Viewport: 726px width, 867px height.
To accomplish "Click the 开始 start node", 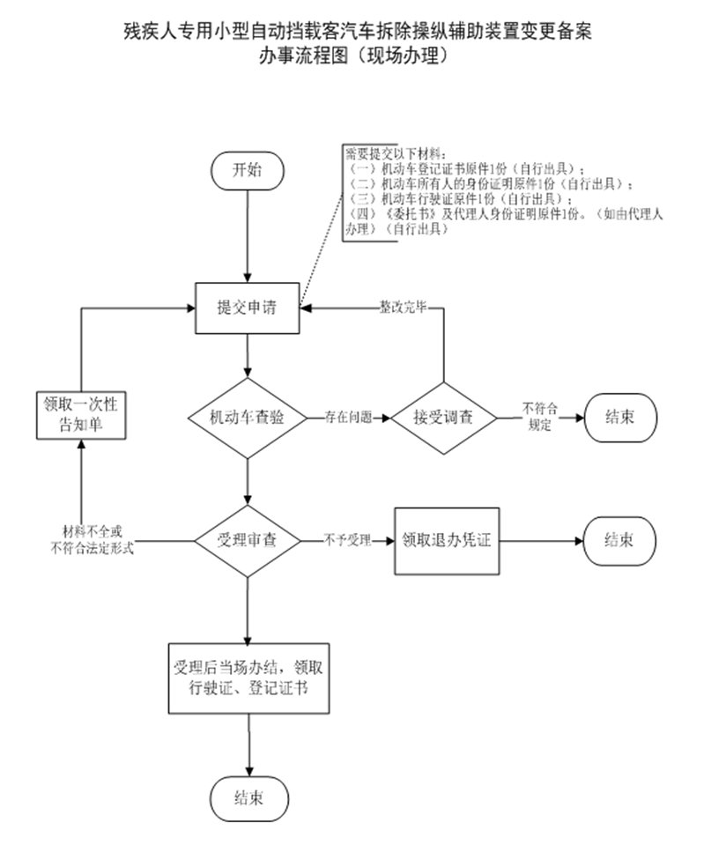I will (x=247, y=170).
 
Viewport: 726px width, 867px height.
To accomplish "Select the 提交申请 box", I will (x=247, y=308).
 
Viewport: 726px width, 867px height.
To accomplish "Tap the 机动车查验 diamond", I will (x=247, y=418).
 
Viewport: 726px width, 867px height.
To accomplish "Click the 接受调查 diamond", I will (x=443, y=418).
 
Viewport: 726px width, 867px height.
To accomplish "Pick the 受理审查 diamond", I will (x=247, y=540).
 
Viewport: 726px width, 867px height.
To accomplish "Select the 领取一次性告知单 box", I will (x=80, y=415).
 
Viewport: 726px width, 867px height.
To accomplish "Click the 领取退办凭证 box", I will (x=446, y=540).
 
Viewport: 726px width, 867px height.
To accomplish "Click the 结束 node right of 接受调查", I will (x=621, y=417).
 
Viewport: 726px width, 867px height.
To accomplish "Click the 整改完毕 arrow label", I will (x=403, y=308).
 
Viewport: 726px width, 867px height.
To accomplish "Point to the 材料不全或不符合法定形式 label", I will (x=93, y=539).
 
